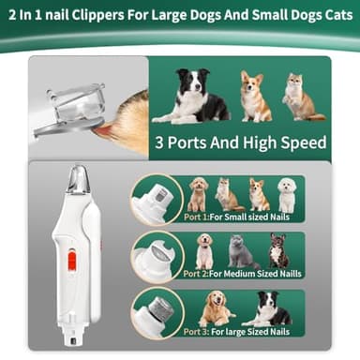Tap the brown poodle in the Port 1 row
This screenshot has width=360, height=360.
(198, 194)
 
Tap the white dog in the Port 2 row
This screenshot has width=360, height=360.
(204, 251)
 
